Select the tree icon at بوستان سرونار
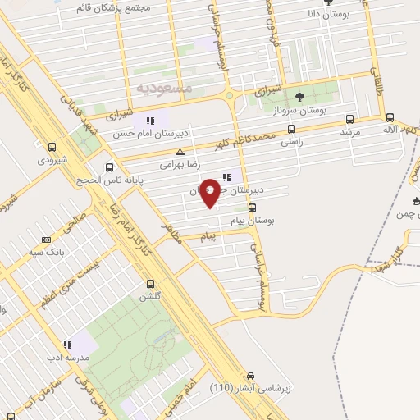[x=298, y=97]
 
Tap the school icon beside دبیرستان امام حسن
[x=149, y=121]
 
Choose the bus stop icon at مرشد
[x=351, y=118]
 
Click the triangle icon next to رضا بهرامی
[x=180, y=152]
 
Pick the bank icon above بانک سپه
[x=46, y=240]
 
